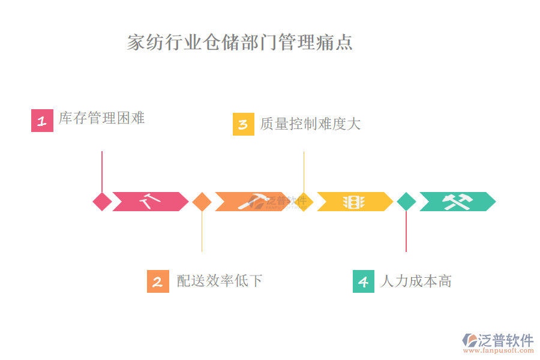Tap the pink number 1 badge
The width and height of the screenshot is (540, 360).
point(42,121)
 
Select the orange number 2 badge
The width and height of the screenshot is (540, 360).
point(158,281)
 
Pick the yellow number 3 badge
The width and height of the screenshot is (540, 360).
point(244,124)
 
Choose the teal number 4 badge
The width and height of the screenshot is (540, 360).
point(364,281)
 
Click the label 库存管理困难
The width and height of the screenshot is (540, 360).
point(102,118)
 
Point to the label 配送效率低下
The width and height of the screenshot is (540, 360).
point(220,280)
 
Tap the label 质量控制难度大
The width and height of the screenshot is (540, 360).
point(310,124)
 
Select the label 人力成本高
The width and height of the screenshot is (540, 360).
point(416,281)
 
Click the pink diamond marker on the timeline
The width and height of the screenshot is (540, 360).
point(102,202)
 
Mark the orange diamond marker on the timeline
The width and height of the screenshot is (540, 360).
point(202,202)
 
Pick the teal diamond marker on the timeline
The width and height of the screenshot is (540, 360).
point(406,202)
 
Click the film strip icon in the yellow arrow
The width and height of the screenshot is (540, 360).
point(354,202)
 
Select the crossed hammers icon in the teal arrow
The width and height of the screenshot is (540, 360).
point(457,202)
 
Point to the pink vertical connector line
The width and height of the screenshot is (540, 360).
point(102,171)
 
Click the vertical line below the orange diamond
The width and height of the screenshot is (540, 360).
point(202,231)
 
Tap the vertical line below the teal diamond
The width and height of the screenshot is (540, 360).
point(406,231)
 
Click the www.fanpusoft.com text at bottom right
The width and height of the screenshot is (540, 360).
point(499,351)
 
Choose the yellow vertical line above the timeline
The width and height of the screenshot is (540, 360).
point(304,171)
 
